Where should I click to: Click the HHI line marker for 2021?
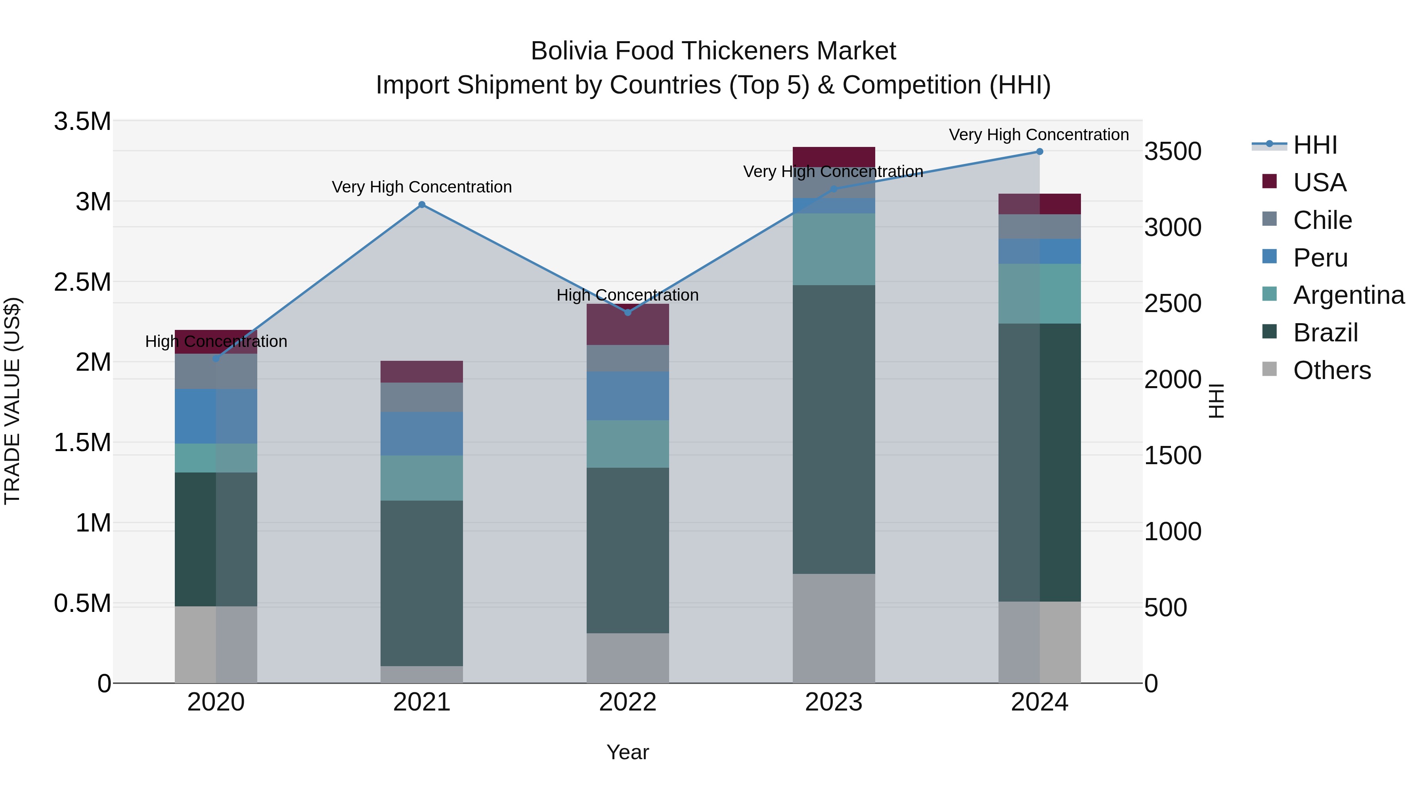(422, 205)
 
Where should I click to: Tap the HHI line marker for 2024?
(1039, 152)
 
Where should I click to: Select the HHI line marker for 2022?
(627, 313)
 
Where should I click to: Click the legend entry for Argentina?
(1349, 295)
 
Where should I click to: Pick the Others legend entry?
(1332, 370)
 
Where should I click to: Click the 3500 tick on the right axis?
(1173, 152)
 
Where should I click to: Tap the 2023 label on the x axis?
(833, 702)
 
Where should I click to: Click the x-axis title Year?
(627, 752)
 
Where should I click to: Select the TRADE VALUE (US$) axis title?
(12, 401)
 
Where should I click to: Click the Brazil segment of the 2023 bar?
(834, 429)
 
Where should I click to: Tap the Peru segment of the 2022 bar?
(627, 396)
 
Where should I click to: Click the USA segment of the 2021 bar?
(422, 371)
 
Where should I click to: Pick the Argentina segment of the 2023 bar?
(834, 249)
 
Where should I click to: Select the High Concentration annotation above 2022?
(627, 295)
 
